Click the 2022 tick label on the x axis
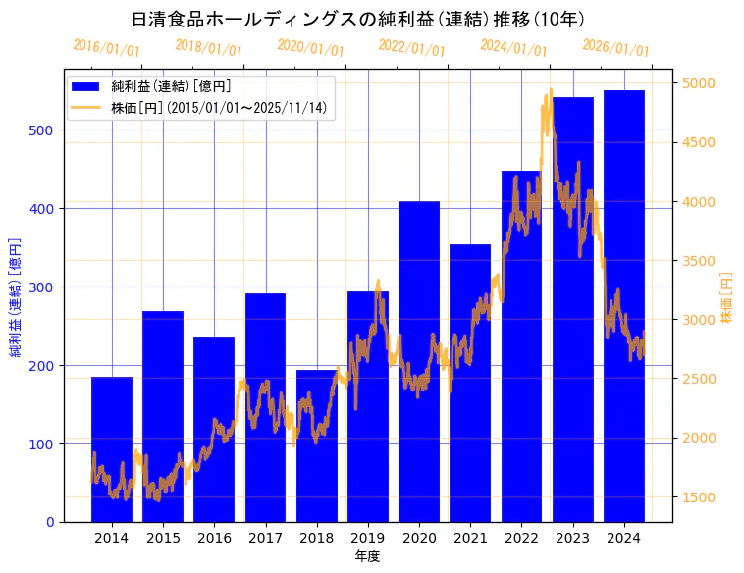click(521, 538)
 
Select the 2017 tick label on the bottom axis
click(265, 538)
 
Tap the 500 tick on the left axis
click(45, 130)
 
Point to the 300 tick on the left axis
click(45, 287)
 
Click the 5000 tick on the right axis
click(699, 83)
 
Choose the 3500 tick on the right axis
click(699, 261)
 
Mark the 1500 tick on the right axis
click(699, 497)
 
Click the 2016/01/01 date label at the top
click(107, 47)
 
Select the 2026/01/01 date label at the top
click(615, 47)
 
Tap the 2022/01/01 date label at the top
click(412, 47)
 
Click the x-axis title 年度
click(368, 556)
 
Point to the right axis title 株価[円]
click(727, 298)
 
